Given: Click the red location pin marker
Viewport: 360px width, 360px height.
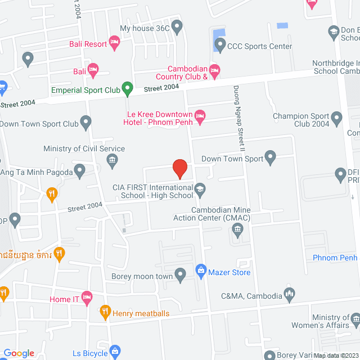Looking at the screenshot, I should point(179,168).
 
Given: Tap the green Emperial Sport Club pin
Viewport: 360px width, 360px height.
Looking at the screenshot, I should point(128,88).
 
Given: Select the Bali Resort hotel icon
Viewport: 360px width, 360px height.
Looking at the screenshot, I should point(114,42).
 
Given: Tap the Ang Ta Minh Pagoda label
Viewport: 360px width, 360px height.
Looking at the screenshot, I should point(37,172).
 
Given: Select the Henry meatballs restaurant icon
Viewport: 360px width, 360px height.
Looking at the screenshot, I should point(104,310).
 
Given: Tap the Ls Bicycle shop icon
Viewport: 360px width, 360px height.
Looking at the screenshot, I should point(115,351).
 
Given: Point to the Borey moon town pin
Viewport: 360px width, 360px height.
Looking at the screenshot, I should point(181,275).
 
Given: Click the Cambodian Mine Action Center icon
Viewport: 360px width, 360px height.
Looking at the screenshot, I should point(237,229).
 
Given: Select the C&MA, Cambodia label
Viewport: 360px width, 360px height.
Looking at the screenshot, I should point(251,295).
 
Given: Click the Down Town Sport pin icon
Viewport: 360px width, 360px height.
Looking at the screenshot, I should point(271,157).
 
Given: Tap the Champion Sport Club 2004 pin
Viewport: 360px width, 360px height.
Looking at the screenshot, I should point(337,118).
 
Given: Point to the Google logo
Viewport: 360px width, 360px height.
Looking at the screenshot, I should point(19,353).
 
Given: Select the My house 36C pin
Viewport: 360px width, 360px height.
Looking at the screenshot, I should point(177,26).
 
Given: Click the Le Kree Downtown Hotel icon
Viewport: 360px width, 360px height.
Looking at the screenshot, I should point(200,118).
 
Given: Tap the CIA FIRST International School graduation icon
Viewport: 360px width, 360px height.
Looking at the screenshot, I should point(200,188).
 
